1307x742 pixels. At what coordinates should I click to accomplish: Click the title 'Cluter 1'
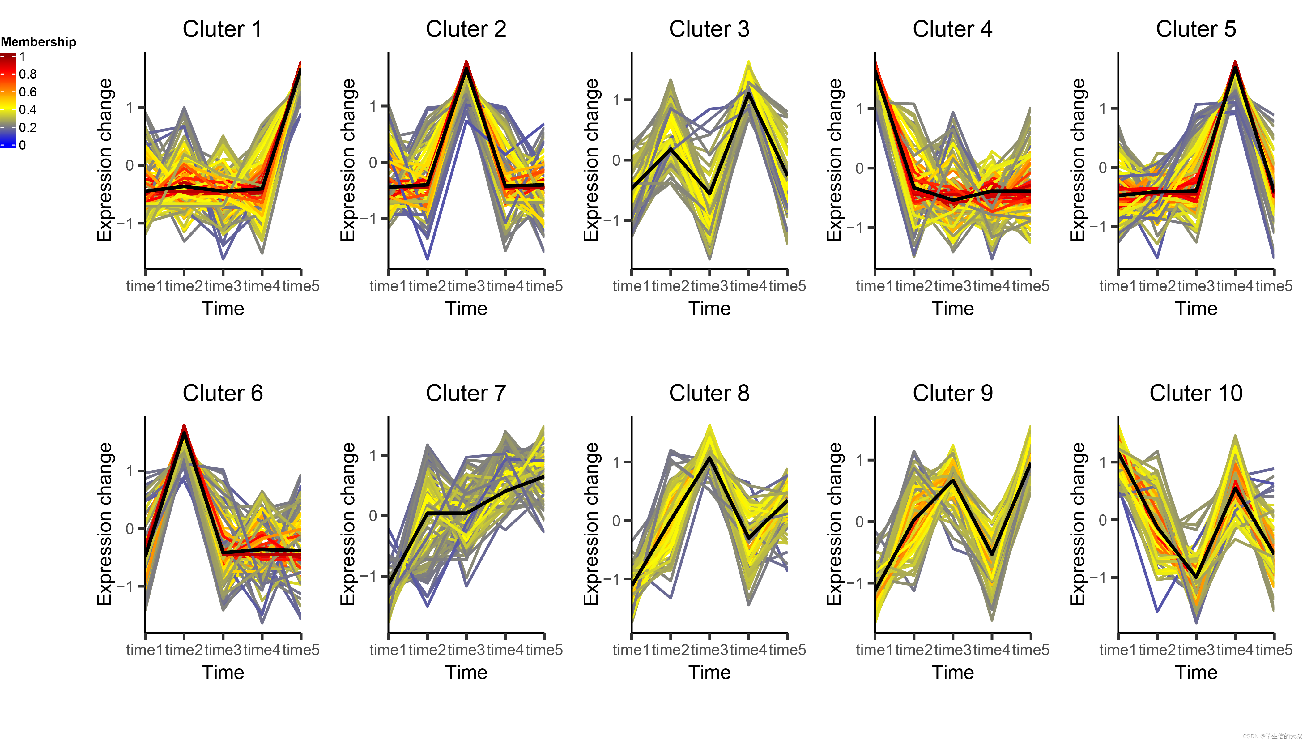pos(222,29)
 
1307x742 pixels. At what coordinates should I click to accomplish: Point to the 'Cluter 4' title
pos(952,29)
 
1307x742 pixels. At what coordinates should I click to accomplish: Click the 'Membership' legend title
pos(38,42)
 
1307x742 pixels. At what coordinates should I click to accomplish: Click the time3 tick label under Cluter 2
pos(466,286)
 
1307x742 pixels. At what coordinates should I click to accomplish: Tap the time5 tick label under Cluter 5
pos(1274,286)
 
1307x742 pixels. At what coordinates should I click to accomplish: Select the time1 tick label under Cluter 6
pos(145,650)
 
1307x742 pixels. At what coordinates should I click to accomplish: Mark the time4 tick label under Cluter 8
pos(748,650)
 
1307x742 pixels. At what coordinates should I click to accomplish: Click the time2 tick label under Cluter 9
pos(913,650)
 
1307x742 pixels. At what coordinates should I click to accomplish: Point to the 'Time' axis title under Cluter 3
pos(709,309)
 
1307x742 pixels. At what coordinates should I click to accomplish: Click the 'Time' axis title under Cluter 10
pos(1196,673)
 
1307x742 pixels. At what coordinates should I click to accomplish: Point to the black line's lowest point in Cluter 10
pos(1196,578)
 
